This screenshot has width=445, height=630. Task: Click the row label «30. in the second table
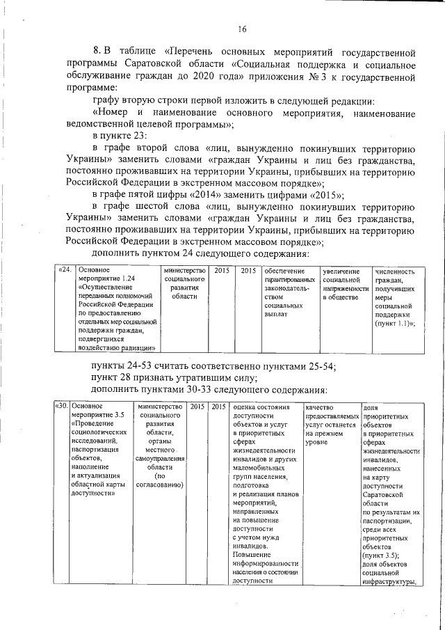[61, 407]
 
